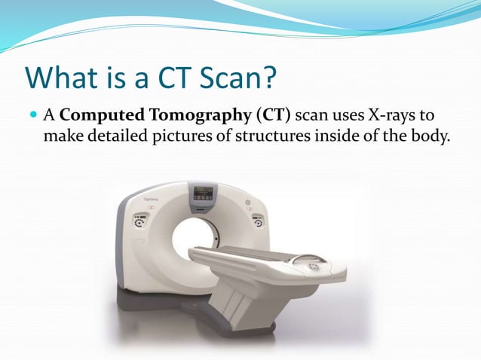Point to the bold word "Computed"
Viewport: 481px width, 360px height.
click(97, 115)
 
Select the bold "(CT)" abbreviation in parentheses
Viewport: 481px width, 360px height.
click(275, 115)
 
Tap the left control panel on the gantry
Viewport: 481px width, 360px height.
click(139, 222)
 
